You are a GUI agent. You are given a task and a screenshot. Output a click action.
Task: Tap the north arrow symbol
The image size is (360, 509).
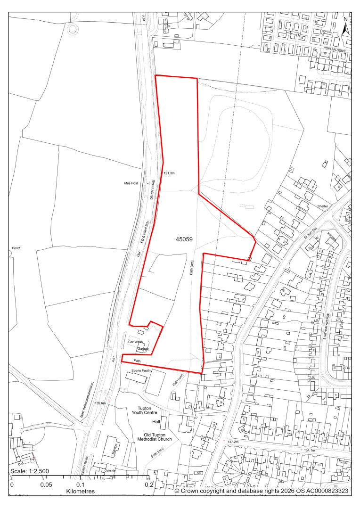345,27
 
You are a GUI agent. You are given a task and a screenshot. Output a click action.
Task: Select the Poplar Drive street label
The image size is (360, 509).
335,49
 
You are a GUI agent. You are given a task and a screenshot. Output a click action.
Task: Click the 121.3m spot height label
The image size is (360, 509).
169,173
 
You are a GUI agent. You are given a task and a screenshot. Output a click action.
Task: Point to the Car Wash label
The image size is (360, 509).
135,342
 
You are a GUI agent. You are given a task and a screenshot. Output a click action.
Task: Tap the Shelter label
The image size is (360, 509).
322,206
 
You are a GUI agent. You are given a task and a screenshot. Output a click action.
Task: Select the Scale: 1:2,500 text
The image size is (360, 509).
30,472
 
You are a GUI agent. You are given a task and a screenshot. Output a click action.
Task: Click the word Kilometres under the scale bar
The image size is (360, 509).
81,491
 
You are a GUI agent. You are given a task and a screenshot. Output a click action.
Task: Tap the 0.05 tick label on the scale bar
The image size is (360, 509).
46,484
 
